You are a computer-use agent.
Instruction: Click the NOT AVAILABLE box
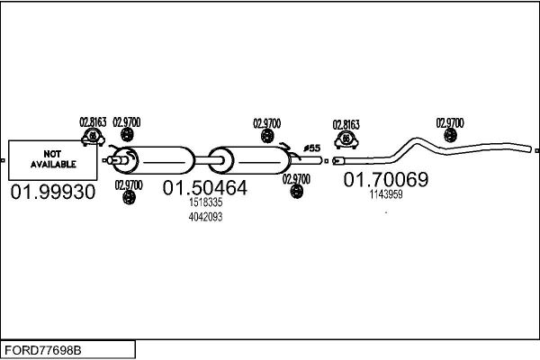click(53, 160)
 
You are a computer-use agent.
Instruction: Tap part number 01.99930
click(53, 192)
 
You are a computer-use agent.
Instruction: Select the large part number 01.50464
click(205, 188)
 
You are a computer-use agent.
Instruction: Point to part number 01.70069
click(386, 179)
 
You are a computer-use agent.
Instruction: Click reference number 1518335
click(205, 202)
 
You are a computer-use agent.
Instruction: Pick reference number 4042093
click(205, 217)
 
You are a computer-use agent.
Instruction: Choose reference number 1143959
click(386, 194)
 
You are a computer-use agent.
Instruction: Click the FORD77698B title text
click(43, 350)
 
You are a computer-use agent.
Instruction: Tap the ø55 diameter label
click(312, 148)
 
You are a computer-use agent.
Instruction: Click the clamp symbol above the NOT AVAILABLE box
click(93, 137)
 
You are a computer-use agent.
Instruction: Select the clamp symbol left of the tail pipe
click(346, 139)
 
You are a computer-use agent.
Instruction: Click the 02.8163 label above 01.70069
click(346, 125)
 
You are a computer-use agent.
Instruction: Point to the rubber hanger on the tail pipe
click(450, 135)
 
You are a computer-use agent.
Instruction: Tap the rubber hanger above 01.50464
click(267, 137)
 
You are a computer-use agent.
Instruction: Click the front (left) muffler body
click(154, 160)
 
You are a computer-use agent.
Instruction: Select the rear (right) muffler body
click(249, 160)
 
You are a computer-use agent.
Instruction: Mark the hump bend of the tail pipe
click(417, 140)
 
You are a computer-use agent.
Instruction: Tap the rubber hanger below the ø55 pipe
click(296, 191)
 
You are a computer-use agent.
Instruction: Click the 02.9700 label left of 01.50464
click(129, 185)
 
